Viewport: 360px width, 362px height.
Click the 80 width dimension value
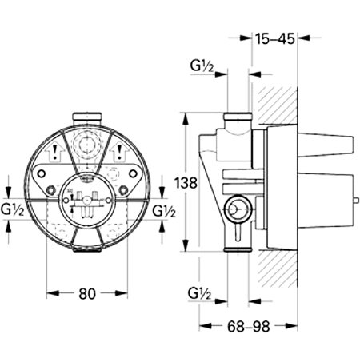point(87,293)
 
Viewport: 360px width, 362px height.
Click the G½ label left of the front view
point(11,211)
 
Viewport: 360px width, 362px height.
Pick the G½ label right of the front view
point(164,211)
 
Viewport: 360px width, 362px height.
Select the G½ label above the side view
point(201,65)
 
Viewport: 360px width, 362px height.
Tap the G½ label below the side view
point(201,292)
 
